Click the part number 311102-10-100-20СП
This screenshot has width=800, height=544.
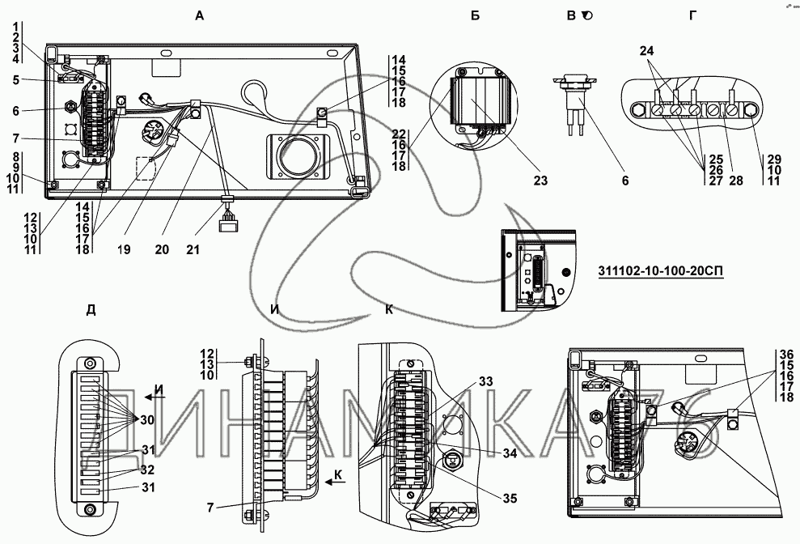click(661, 270)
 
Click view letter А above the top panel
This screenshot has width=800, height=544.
click(200, 16)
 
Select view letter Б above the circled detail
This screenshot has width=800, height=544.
click(475, 16)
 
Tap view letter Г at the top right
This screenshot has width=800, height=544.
click(692, 16)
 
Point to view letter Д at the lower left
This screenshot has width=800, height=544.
click(91, 309)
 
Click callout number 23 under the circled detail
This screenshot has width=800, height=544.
click(540, 181)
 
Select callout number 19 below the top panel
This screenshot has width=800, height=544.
click(124, 249)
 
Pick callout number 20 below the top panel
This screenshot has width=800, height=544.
click(162, 249)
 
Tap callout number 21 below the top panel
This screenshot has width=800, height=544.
click(193, 249)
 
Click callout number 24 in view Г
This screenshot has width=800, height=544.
click(646, 50)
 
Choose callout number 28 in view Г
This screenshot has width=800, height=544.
click(736, 181)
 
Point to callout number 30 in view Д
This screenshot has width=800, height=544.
click(147, 420)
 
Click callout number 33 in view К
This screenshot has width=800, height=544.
click(486, 381)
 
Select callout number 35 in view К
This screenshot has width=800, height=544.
click(510, 499)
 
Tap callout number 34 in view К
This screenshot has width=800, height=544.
click(510, 453)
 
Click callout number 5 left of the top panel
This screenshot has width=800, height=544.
click(16, 79)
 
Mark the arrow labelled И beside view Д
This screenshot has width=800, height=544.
click(151, 397)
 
